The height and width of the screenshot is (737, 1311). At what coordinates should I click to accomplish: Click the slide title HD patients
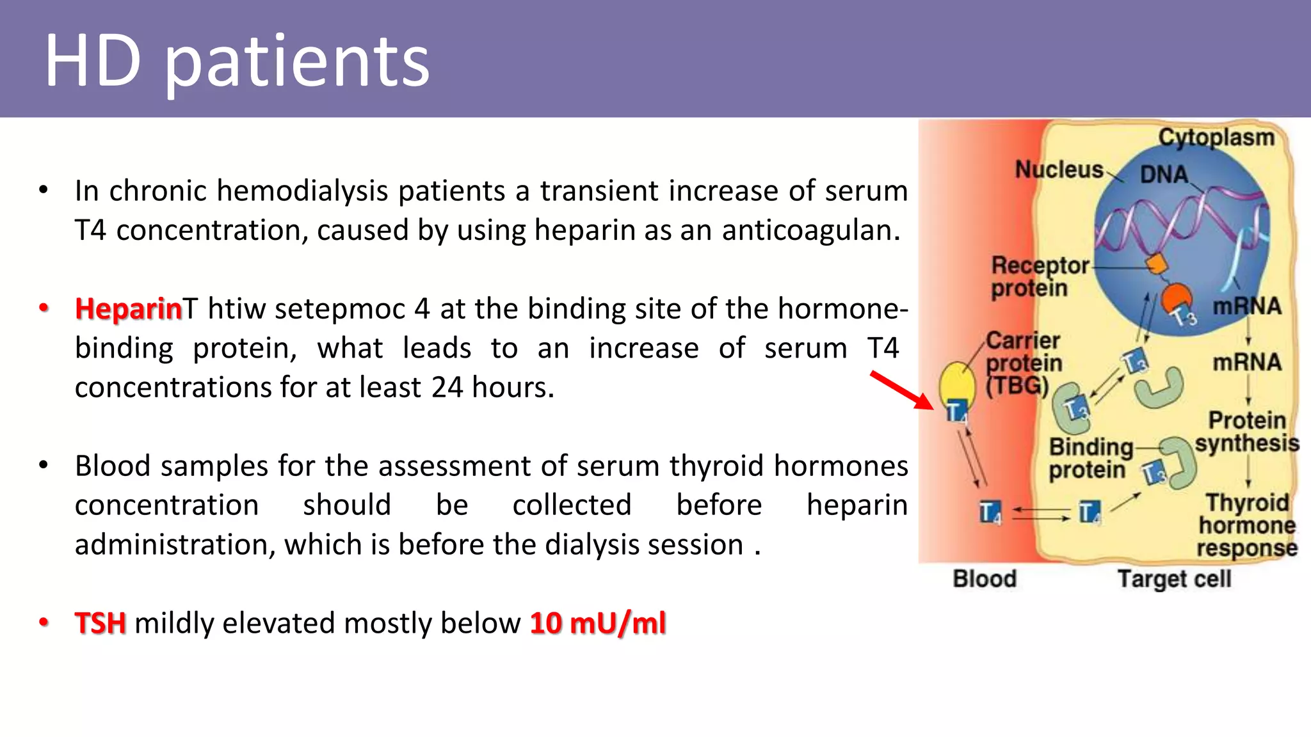point(237,62)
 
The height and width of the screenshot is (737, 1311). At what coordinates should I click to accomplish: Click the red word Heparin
point(129,309)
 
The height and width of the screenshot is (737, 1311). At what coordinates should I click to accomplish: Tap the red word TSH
point(100,623)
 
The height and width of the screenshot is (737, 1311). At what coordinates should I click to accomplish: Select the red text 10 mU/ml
point(598,623)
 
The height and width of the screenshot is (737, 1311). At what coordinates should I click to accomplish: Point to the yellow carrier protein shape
point(956,384)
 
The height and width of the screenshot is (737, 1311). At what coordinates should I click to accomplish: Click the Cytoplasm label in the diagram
point(1216,138)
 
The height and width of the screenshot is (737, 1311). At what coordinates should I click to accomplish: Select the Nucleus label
point(1059,170)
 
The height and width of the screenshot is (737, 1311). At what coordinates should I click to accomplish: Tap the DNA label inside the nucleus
point(1163,175)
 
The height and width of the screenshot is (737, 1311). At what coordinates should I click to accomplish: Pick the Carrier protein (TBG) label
point(1022,363)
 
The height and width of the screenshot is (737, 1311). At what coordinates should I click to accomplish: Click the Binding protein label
point(1090,458)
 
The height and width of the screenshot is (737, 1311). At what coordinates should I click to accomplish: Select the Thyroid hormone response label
point(1246,525)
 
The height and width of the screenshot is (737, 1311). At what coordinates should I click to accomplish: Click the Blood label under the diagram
point(984,578)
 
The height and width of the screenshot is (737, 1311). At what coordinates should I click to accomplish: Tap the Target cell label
point(1174,578)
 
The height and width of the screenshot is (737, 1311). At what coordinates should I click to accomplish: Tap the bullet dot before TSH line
point(44,622)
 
